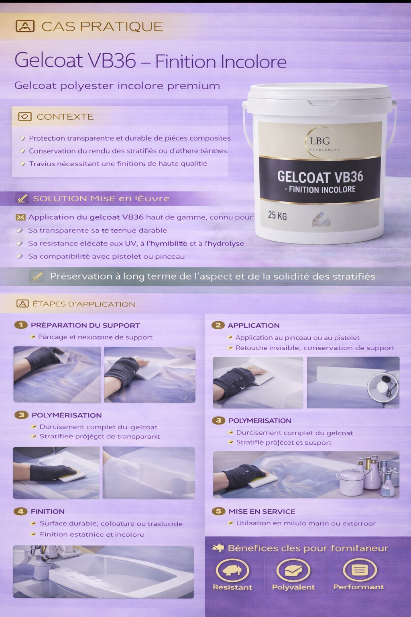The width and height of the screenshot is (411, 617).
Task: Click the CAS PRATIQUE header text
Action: (x=102, y=27)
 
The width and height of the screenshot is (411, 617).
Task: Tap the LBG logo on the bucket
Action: (x=320, y=141)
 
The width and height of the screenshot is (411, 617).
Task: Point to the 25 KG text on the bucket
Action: (x=277, y=216)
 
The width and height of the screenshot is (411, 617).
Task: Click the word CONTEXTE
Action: (x=65, y=117)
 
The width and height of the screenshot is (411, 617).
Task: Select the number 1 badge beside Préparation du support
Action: (x=21, y=325)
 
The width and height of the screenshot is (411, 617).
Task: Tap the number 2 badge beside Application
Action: (x=218, y=325)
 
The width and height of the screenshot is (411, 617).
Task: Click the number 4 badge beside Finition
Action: (x=20, y=511)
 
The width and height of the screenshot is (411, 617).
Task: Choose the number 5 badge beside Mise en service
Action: (x=218, y=511)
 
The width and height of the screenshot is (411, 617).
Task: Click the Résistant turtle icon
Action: (x=232, y=570)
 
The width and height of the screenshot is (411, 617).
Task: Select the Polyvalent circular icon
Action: (x=293, y=570)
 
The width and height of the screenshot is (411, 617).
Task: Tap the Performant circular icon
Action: (x=359, y=570)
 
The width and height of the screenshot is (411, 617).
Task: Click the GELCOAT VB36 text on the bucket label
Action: (x=320, y=177)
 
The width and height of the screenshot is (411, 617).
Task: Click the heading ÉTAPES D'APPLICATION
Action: (x=84, y=304)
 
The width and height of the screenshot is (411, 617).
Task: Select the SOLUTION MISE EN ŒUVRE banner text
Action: (x=101, y=198)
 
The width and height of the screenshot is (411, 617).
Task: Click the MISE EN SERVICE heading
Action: (x=262, y=511)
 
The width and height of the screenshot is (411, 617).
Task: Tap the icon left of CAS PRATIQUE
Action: (x=25, y=27)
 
